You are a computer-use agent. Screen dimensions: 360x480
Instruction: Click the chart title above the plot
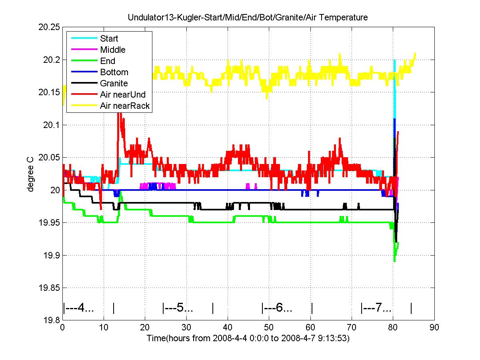(x=248, y=18)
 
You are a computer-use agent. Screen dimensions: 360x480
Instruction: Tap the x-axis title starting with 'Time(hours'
(x=248, y=338)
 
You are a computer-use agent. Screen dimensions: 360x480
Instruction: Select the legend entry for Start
(x=109, y=39)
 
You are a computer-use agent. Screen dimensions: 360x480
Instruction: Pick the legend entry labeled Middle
(x=113, y=50)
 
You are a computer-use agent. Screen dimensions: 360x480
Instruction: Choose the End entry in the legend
(x=108, y=61)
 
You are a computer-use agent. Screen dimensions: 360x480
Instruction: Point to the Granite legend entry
(x=114, y=84)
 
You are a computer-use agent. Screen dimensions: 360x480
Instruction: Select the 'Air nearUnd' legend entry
(x=123, y=95)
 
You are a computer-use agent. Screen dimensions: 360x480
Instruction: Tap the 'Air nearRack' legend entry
(x=125, y=106)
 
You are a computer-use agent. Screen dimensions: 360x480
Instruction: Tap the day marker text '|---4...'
(x=78, y=308)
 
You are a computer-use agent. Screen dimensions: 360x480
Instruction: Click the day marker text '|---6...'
(x=277, y=308)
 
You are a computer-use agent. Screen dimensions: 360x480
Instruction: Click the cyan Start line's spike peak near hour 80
(x=394, y=61)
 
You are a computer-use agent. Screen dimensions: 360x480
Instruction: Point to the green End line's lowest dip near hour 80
(x=394, y=261)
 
